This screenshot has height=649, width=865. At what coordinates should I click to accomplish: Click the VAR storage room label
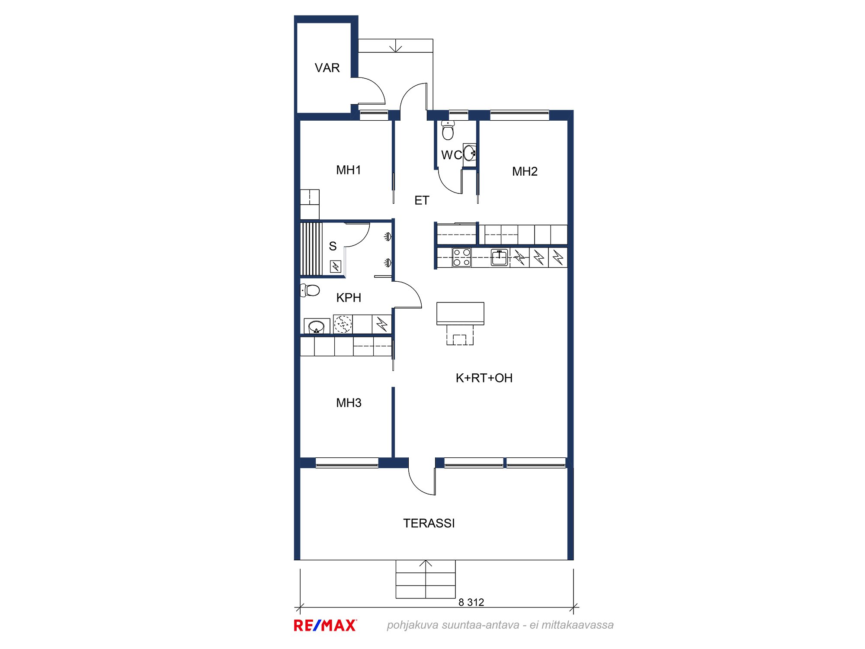click(327, 68)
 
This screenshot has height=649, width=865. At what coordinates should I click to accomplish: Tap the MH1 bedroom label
click(349, 170)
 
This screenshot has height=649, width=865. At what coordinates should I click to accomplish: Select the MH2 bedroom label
click(525, 172)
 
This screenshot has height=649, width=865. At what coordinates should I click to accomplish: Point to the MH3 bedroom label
click(349, 403)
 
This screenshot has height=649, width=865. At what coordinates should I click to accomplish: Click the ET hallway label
click(422, 200)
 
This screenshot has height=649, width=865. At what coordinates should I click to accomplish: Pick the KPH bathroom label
click(349, 298)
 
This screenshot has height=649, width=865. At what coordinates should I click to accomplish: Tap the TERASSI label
click(429, 524)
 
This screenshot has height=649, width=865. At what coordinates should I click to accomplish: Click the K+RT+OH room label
click(484, 378)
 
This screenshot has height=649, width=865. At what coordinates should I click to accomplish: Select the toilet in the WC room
click(448, 131)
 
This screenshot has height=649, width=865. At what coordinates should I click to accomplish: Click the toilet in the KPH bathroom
click(310, 290)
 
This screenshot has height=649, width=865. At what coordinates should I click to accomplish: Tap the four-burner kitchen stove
click(461, 257)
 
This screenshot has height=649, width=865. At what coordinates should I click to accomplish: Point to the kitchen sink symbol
click(499, 257)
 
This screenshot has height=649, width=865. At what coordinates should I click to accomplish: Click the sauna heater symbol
click(336, 267)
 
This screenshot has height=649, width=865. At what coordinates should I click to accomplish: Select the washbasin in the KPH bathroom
click(317, 326)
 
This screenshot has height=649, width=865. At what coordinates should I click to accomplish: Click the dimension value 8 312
click(471, 602)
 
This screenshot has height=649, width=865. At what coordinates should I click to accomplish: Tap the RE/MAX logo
click(325, 625)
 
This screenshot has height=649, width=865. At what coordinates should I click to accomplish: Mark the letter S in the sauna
click(333, 246)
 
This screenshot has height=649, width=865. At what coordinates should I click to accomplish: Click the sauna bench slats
click(311, 249)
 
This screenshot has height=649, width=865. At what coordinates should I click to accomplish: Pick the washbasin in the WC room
click(470, 153)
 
